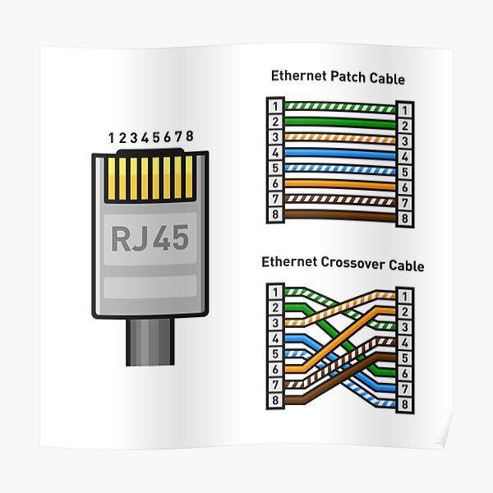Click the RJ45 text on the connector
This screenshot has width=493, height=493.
coord(150,238)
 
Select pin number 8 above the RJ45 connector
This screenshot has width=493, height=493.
coord(191,136)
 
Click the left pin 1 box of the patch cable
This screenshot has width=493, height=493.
coord(274,107)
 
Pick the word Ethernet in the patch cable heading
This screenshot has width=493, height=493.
coord(297,77)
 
